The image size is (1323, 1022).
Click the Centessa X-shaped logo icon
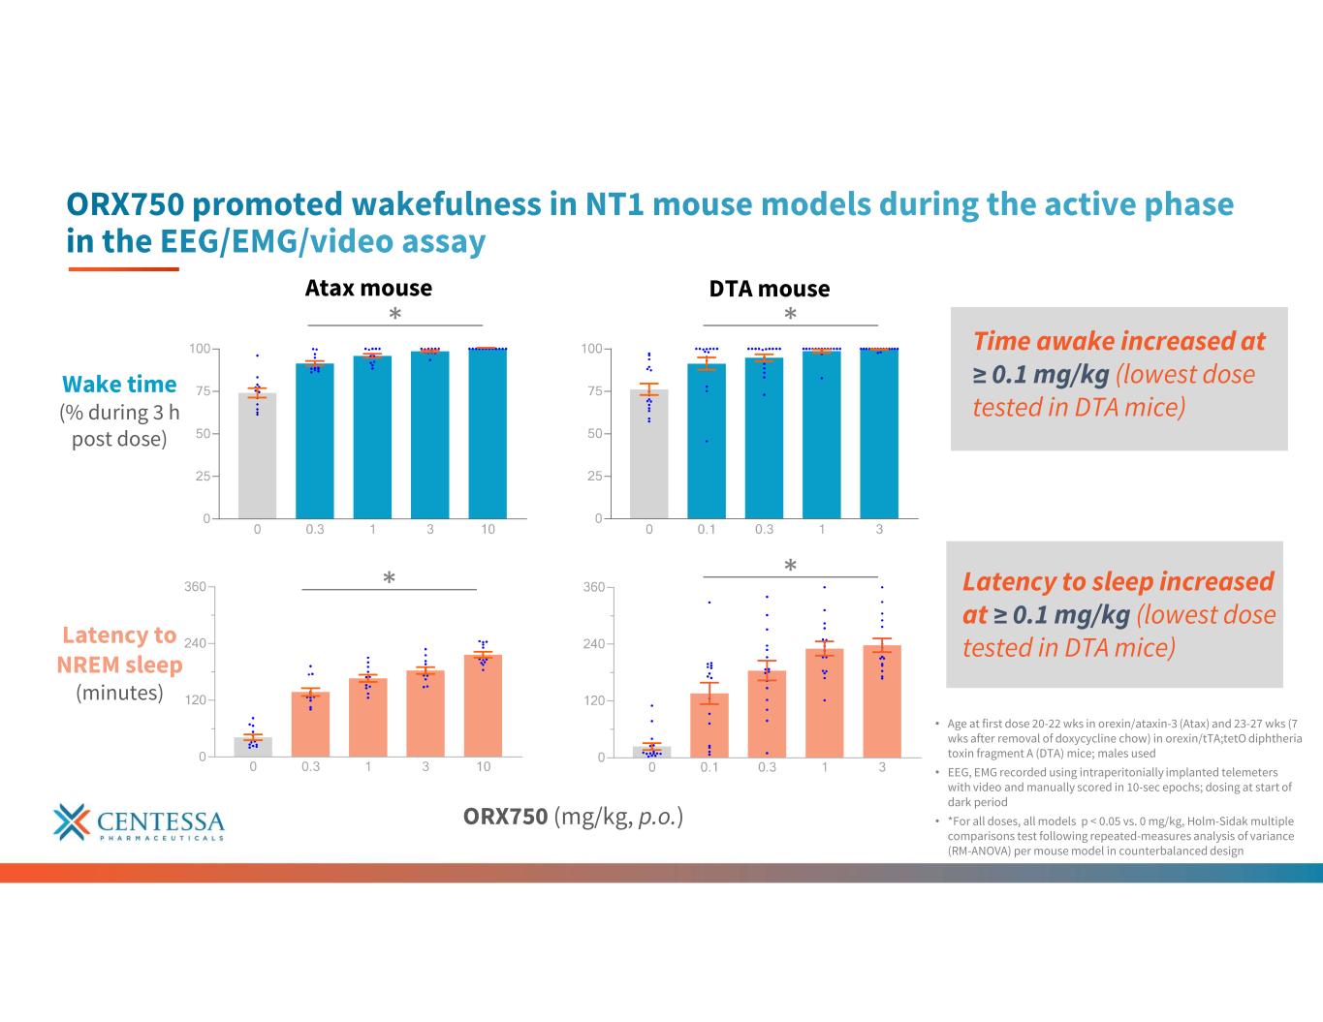(72, 821)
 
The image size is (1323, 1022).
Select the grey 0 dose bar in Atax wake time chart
(257, 455)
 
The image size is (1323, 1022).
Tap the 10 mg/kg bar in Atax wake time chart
(488, 433)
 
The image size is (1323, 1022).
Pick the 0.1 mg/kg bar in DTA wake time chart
(707, 441)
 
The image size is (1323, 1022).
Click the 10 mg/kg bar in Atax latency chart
(483, 705)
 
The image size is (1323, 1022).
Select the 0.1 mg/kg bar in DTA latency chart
(709, 726)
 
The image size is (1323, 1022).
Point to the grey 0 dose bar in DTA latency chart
(652, 752)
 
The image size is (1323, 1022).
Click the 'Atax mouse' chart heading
(368, 288)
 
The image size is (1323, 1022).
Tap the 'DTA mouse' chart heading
(770, 289)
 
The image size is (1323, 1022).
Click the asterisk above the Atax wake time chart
(395, 314)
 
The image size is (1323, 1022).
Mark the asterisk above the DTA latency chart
(790, 565)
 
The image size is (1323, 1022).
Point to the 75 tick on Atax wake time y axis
(203, 391)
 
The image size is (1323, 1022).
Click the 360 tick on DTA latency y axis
(593, 587)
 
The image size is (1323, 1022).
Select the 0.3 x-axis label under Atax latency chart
(310, 766)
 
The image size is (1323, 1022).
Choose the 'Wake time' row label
(119, 385)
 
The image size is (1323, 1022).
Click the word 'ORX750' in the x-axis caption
(505, 817)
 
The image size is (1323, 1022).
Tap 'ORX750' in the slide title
(125, 203)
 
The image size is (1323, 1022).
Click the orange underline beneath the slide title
(124, 269)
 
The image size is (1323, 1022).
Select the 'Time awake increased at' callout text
(1119, 341)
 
